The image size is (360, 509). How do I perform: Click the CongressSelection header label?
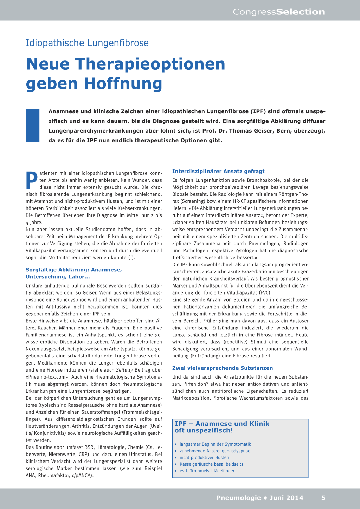279,12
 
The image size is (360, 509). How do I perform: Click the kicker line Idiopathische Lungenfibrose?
87,43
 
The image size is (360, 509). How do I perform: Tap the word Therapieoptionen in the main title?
150,64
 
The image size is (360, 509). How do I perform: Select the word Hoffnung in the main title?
123,84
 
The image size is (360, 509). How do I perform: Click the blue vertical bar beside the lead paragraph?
33,125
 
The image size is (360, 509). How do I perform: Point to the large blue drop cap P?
32,180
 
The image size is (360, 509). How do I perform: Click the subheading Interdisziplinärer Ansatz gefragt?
218,171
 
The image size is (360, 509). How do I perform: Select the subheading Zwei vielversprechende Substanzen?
223,368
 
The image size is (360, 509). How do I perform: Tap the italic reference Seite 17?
124,370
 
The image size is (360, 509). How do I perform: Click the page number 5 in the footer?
323,497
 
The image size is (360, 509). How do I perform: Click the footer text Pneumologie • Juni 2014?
260,497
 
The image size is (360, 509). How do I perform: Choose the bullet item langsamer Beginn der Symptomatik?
215,444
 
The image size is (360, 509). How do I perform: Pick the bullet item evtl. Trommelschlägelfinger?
207,471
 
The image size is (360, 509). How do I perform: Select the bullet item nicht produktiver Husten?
204,457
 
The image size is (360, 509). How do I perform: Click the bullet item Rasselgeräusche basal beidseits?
211,464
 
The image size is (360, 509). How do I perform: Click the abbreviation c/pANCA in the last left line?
81,475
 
